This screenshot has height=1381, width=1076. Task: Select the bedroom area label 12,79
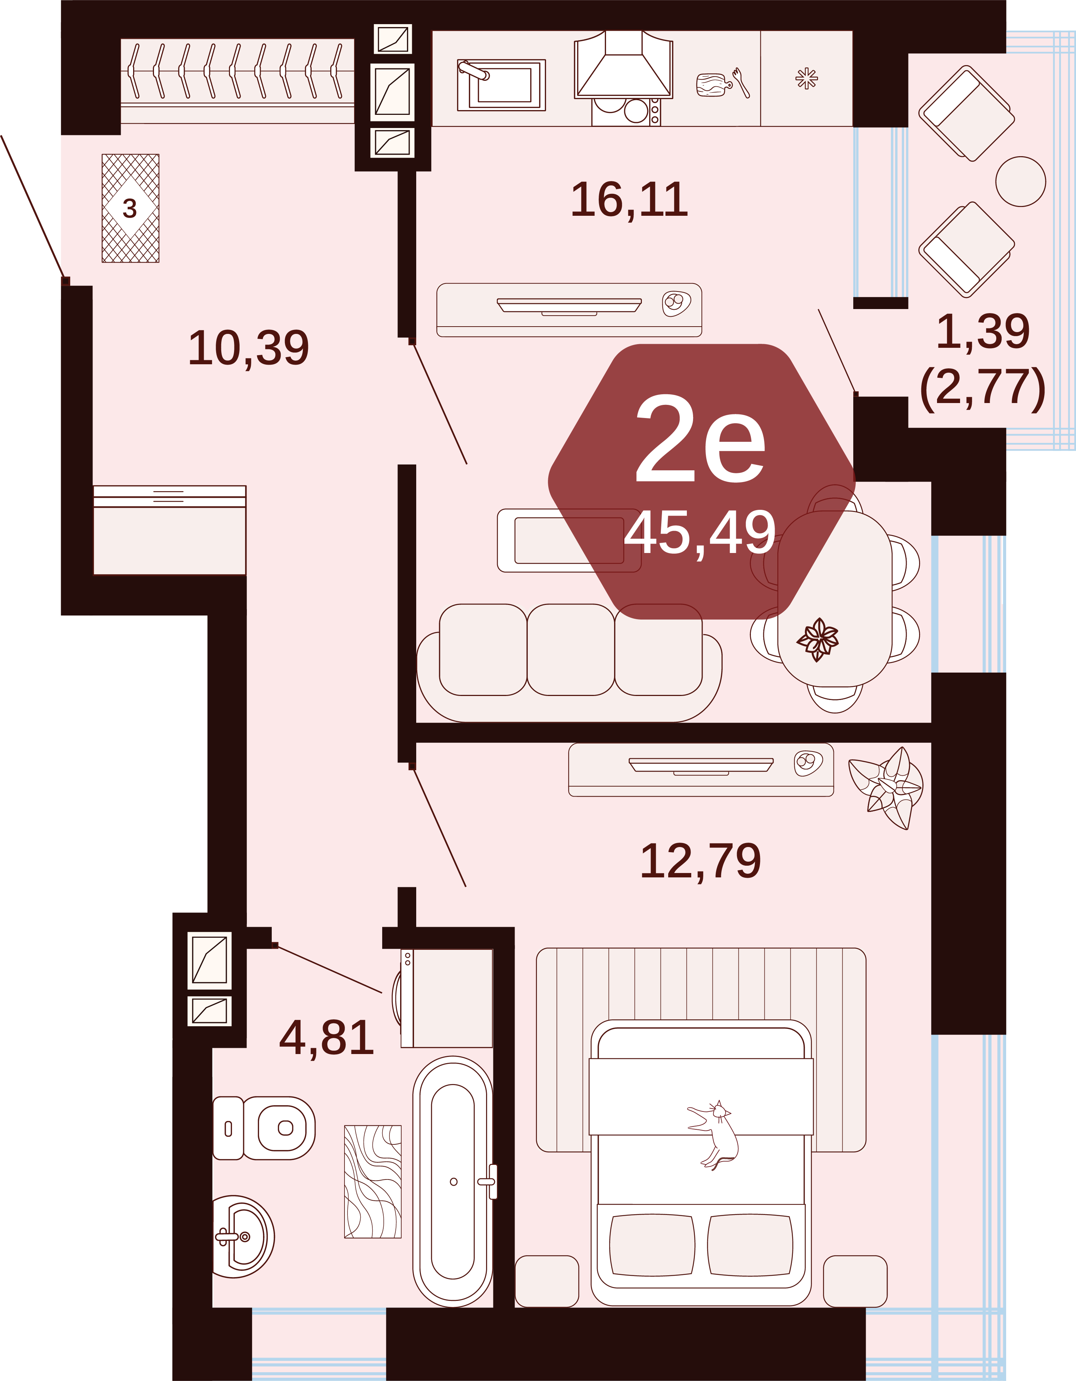(x=700, y=861)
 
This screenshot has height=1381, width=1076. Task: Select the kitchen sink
(x=501, y=85)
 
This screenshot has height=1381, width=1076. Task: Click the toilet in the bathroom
(x=264, y=1128)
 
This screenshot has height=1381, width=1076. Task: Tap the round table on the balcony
(x=1020, y=181)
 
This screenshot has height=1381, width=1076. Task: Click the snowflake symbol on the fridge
(x=807, y=79)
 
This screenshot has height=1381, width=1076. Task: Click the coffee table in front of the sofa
(x=569, y=541)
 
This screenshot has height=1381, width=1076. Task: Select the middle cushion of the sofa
(x=570, y=650)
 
